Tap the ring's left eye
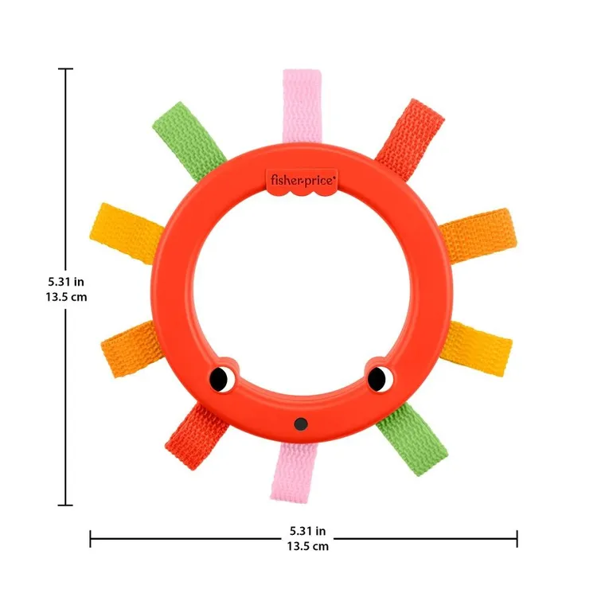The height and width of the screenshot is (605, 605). [x=222, y=378]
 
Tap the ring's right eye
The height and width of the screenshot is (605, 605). [x=380, y=377]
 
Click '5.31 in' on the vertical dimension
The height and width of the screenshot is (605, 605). [x=67, y=281]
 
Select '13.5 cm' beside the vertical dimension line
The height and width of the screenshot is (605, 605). [x=67, y=296]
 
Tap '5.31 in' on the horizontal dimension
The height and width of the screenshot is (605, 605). [x=307, y=531]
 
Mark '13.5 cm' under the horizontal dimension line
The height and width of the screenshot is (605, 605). [x=307, y=546]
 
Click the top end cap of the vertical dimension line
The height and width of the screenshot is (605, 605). [x=65, y=69]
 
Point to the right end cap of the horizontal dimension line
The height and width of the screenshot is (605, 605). [x=517, y=539]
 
